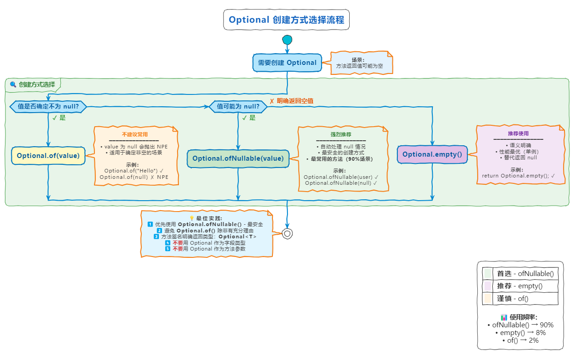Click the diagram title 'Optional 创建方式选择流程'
point(287,20)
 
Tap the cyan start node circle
point(287,40)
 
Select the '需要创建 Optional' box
point(287,63)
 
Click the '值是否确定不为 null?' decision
point(48,107)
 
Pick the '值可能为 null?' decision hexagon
point(238,107)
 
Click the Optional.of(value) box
point(48,156)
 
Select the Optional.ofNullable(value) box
point(238,158)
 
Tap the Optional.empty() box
point(432,154)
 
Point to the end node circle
point(287,233)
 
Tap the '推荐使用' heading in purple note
point(518,133)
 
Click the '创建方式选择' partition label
point(36,84)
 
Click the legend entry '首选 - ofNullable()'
point(525,273)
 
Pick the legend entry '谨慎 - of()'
point(513,298)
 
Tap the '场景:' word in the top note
point(358,60)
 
